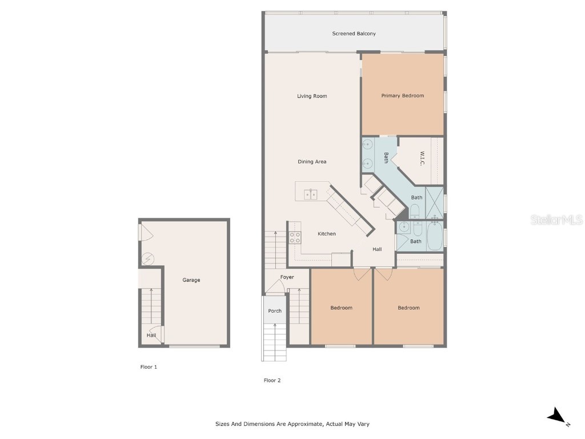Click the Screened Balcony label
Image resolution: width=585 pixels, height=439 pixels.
click(x=354, y=34)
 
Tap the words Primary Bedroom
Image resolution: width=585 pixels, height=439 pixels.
click(x=403, y=95)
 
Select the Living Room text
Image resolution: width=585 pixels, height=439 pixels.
click(x=312, y=96)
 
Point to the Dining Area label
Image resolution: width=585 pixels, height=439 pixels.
click(x=312, y=162)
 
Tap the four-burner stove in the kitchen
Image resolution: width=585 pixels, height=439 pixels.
click(x=295, y=237)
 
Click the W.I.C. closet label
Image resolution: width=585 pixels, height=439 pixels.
click(x=422, y=159)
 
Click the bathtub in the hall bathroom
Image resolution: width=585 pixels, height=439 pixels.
click(x=434, y=237)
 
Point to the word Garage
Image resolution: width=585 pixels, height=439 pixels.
click(x=191, y=280)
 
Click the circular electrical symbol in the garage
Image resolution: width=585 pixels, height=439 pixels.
click(x=148, y=260)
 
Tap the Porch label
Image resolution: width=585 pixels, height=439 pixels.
click(x=275, y=311)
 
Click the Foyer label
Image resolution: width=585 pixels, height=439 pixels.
click(x=287, y=277)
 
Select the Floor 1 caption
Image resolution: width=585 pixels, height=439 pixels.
click(x=149, y=367)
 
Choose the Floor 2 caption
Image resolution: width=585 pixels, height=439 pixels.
click(x=272, y=380)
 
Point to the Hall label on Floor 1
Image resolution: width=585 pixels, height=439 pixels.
click(x=151, y=335)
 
